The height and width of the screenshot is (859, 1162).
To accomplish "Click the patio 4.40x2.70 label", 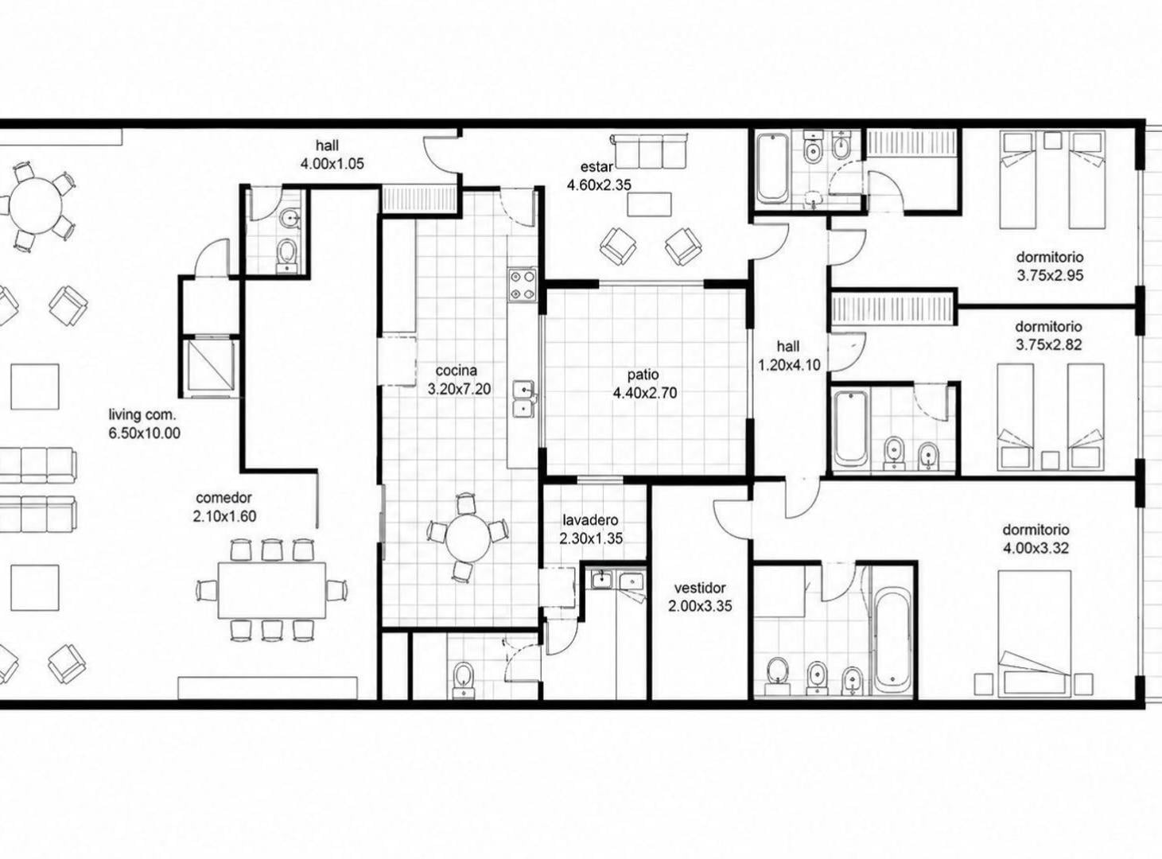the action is click(644, 383).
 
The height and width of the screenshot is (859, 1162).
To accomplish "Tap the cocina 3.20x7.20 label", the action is click(459, 380).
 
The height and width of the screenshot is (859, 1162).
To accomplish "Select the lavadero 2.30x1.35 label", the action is click(590, 530).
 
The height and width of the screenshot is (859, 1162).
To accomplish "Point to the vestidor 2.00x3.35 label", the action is click(700, 597).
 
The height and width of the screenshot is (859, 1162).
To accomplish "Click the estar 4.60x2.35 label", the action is click(599, 176).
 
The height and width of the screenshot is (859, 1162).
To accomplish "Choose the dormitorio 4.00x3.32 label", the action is click(1036, 539).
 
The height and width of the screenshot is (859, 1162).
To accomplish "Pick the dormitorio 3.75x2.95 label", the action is click(1050, 266).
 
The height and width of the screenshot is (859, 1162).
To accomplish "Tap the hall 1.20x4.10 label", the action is click(789, 356).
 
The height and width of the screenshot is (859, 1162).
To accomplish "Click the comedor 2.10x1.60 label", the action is click(224, 507).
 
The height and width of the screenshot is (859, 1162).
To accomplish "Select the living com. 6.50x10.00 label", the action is click(144, 423).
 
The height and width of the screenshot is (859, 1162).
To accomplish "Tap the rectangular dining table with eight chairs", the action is click(272, 590).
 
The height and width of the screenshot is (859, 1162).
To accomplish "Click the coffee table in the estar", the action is click(650, 204).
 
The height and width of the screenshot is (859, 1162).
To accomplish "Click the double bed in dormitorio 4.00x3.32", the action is click(1034, 634).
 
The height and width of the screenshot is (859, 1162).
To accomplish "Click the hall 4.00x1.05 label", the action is click(332, 154).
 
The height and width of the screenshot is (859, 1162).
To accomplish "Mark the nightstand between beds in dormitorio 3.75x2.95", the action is click(1052, 141).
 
